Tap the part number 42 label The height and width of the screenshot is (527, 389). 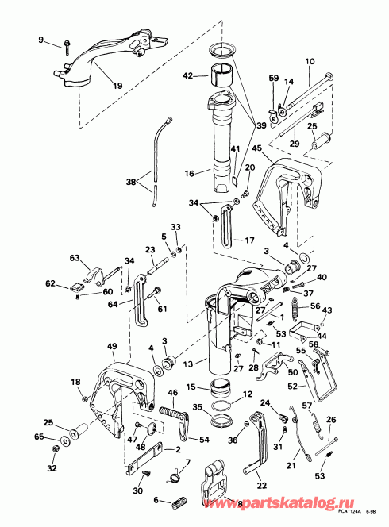(x=187, y=77)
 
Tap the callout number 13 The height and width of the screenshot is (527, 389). (x=188, y=364)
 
